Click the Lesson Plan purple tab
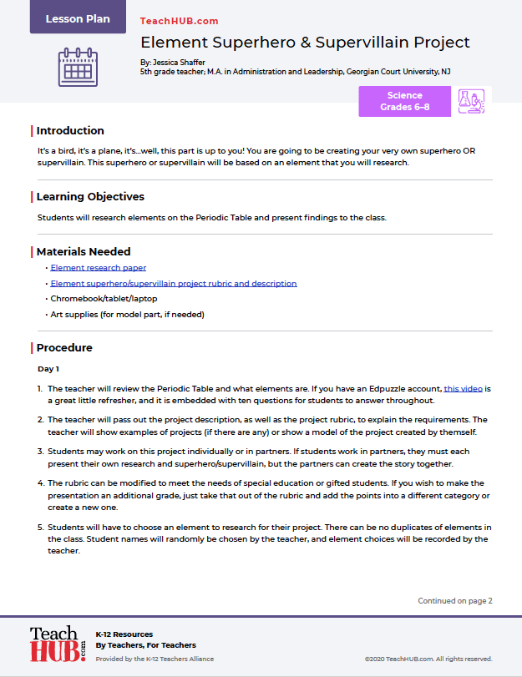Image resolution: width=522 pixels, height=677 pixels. [x=78, y=18]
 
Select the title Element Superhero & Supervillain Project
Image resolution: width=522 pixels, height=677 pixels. [x=305, y=42]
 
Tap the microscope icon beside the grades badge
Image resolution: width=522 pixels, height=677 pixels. [x=472, y=102]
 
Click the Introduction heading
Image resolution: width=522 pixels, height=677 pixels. [x=70, y=130]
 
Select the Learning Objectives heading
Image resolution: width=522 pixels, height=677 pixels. [x=90, y=197]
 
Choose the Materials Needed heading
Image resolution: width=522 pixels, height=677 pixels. [x=83, y=251]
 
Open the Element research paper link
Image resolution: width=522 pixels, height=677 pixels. [x=99, y=268]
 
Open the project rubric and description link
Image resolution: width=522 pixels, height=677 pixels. [x=174, y=283]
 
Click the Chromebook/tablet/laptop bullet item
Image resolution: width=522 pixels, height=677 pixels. [x=104, y=298]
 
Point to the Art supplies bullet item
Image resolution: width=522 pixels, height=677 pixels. [x=127, y=314]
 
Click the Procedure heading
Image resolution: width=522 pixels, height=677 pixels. [x=64, y=347]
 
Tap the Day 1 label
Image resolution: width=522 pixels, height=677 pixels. [x=48, y=368]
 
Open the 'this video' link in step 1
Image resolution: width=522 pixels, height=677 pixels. [x=463, y=389]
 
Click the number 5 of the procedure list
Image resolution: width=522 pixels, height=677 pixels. [x=40, y=528]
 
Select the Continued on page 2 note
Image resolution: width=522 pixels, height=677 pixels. [x=455, y=600]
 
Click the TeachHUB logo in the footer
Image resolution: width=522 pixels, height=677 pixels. [x=58, y=644]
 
